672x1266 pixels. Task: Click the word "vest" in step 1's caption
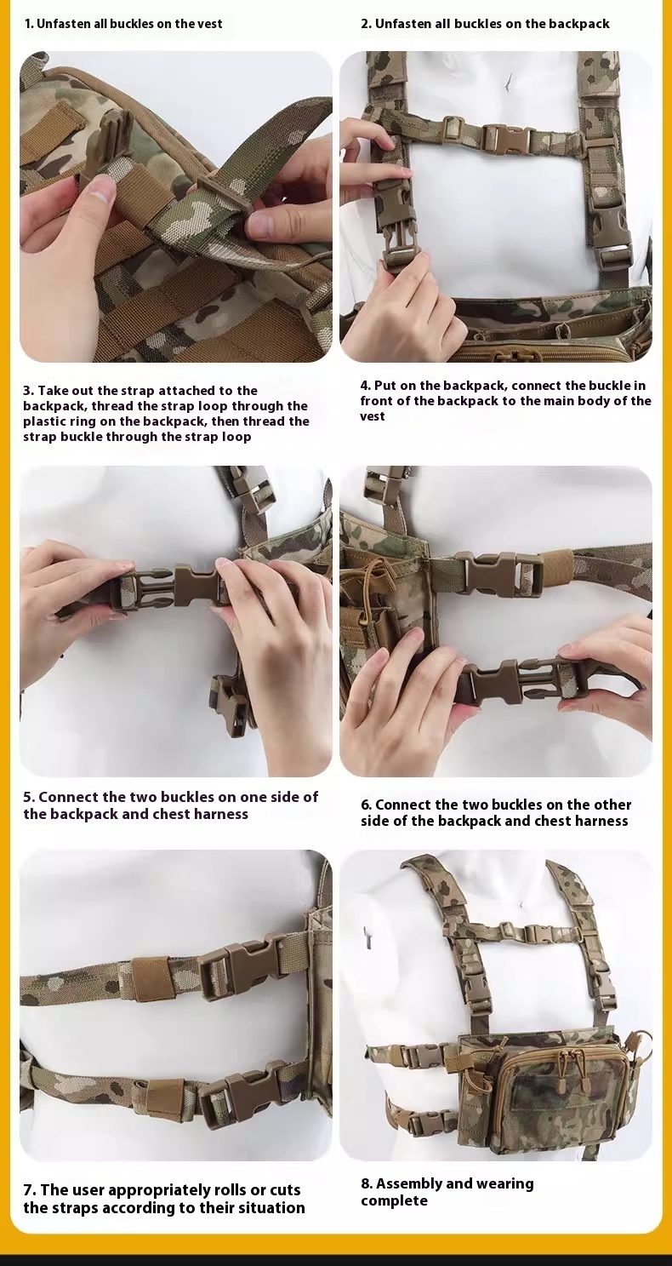(x=209, y=24)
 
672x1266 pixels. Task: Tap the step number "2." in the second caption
(x=367, y=24)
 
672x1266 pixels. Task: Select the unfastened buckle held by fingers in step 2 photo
(x=397, y=226)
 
